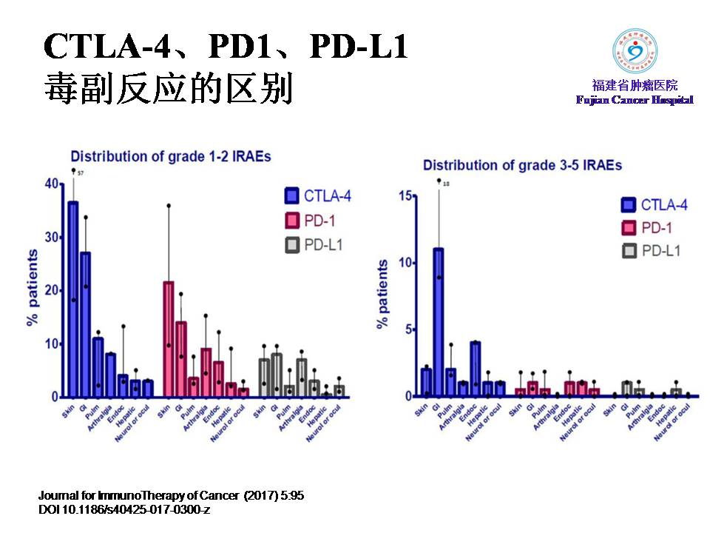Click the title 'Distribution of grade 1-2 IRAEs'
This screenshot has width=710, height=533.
[171, 156]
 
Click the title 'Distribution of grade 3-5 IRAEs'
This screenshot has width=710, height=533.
[522, 165]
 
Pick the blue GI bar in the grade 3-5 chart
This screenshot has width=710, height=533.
[439, 322]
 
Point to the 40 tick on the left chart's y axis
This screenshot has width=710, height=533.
[51, 184]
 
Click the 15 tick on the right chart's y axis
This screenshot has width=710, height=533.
[404, 195]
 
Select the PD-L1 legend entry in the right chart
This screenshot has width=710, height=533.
[652, 251]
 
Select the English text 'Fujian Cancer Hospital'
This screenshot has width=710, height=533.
[635, 100]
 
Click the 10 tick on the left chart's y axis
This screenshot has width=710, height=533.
[51, 343]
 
